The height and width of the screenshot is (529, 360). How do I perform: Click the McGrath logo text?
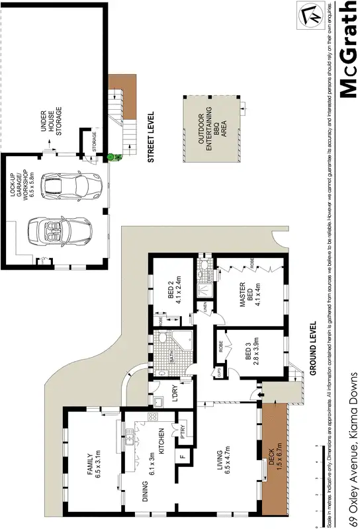click(347, 50)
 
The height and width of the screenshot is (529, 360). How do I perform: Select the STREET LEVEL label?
click(150, 137)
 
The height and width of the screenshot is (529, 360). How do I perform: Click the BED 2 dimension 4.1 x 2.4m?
click(178, 289)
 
